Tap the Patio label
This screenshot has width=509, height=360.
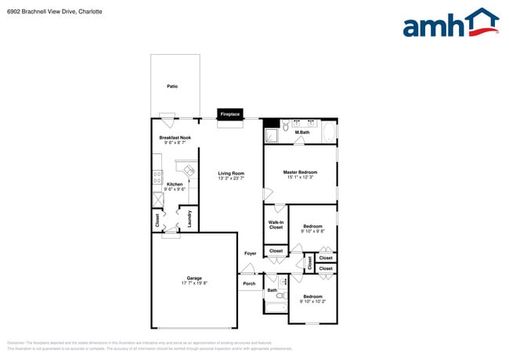171,86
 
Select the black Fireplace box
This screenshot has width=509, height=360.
229,113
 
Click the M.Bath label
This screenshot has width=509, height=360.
301,133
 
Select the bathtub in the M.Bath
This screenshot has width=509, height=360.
329,132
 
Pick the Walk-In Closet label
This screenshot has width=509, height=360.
276,225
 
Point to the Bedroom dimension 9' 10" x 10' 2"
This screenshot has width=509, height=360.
312,301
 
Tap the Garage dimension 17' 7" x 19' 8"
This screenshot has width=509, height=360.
193,283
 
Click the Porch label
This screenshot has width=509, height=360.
249,283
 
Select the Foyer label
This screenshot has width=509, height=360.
250,254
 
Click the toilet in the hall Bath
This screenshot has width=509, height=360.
280,296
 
